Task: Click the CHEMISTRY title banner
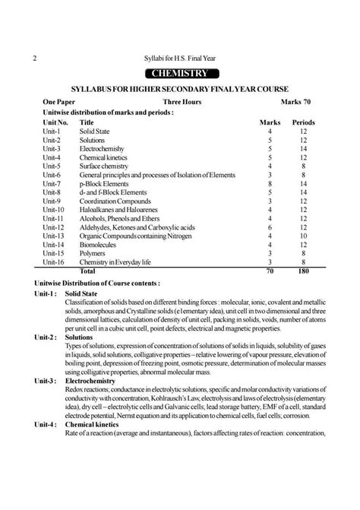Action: tap(180, 74)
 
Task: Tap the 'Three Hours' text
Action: tap(182, 101)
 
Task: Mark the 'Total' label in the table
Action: tap(88, 270)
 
